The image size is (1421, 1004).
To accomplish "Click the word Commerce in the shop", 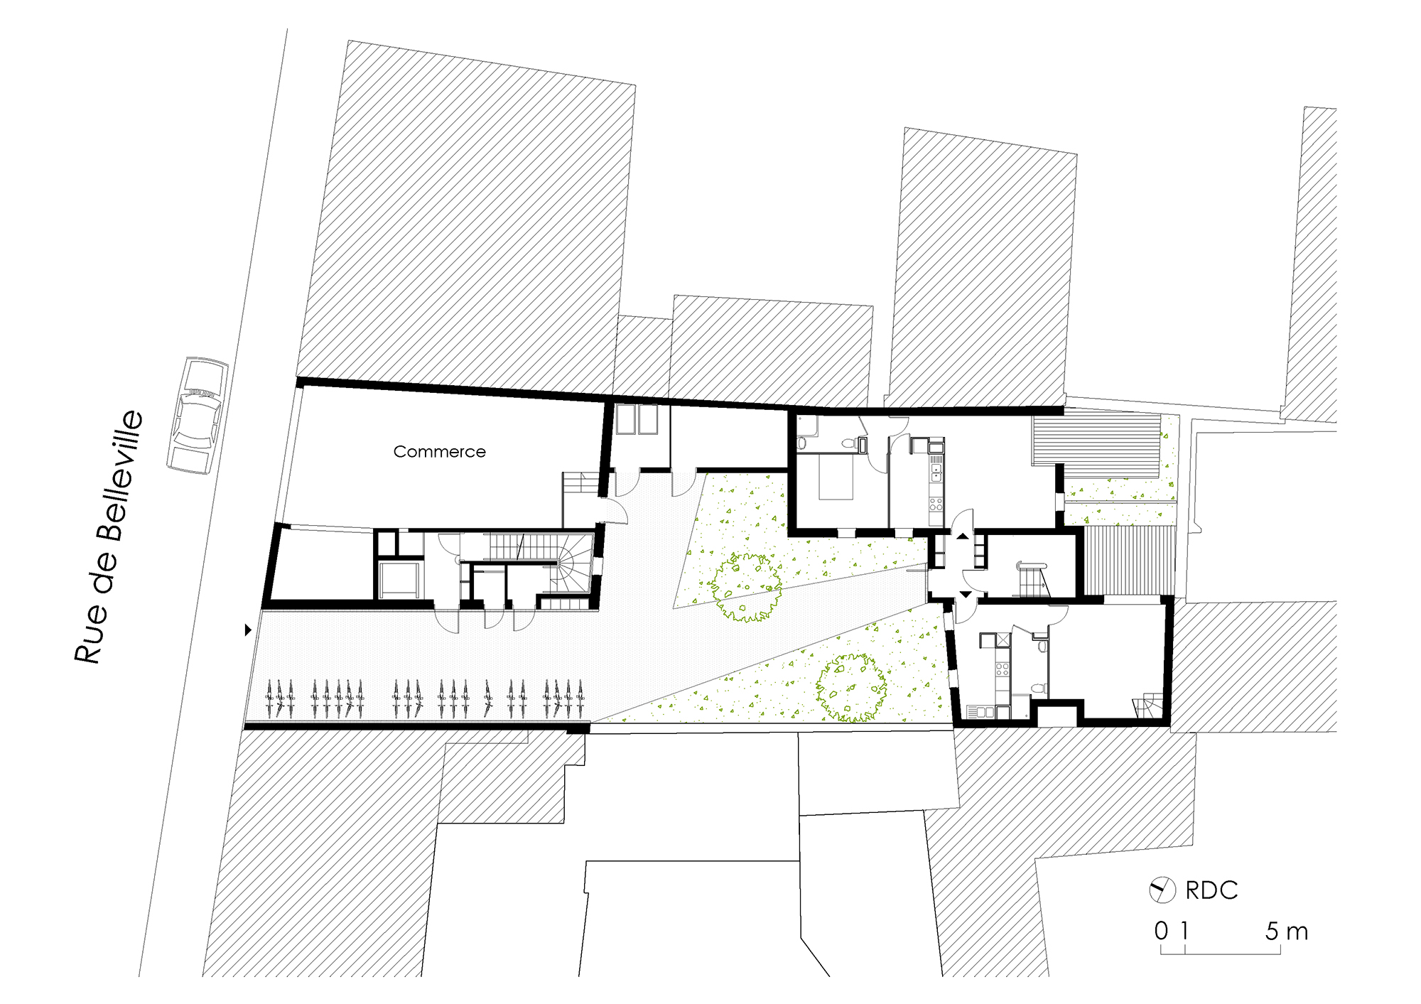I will pos(439,452).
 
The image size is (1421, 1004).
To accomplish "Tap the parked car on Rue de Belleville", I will pos(198,416).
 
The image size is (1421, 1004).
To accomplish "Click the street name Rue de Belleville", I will pos(110,536).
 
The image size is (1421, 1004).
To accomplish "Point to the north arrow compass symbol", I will pos(1162,890).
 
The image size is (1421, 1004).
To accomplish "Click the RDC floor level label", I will pos(1211,890).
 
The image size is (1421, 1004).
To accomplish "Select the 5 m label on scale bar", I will pos(1286,931).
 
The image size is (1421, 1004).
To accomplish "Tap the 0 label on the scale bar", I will pos(1161,931).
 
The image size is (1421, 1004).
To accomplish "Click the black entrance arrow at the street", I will pos(248,630).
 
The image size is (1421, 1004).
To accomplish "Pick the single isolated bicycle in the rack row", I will pos(488,698).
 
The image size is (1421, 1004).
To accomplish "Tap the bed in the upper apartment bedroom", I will pos(836,477).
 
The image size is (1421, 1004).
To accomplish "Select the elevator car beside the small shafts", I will pos(400,579).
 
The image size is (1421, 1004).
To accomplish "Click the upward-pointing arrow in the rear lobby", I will pos(962,536).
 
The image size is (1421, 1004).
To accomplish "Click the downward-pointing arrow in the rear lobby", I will pos(966,594).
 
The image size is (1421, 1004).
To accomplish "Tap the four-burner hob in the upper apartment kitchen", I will pos(936,504).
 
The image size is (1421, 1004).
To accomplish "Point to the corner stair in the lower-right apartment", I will pos(1148,707).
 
